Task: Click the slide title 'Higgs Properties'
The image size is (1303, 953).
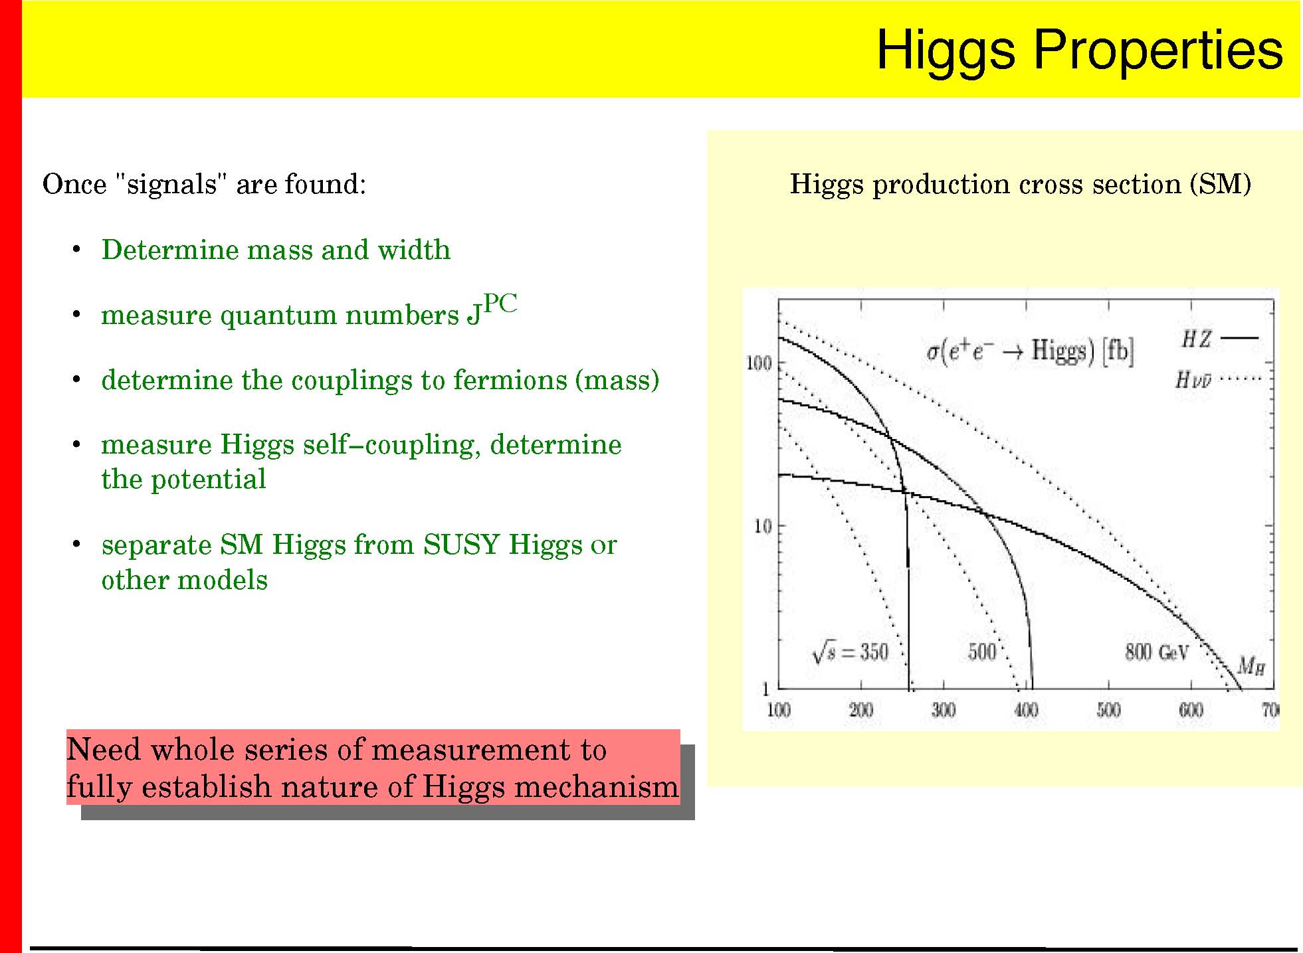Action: [1080, 50]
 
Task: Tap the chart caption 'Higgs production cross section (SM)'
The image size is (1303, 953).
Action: [1021, 184]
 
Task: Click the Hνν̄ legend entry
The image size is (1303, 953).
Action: [1218, 379]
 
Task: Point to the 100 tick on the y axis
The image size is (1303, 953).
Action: [759, 363]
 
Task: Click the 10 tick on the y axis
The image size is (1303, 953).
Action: [763, 527]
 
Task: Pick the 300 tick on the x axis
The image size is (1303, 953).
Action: [943, 710]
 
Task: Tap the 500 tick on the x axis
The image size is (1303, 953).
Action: [1108, 710]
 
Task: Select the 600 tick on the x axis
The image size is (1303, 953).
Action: [1191, 710]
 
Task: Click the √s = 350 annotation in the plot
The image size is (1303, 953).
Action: [850, 651]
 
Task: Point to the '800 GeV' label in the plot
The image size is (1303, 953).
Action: [1156, 652]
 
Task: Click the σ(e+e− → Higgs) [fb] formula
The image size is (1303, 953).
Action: [1030, 351]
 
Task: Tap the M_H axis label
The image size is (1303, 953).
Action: [1251, 665]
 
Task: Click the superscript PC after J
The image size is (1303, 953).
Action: [500, 303]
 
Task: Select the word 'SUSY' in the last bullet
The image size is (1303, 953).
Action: [461, 545]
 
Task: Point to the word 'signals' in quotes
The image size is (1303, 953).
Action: [171, 184]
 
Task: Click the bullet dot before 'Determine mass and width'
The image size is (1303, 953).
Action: [76, 250]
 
